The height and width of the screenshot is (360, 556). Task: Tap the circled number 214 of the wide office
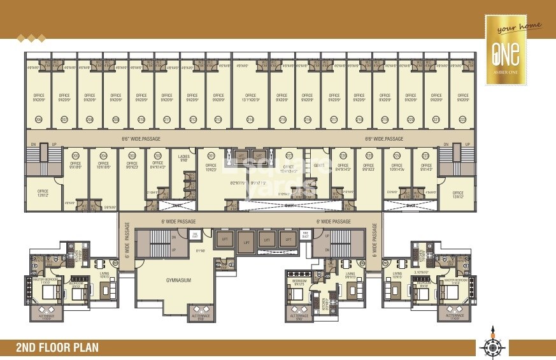click(x=250, y=119)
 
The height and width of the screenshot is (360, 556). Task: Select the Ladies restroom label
click(x=184, y=158)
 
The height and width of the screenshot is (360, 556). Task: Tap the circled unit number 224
click(x=396, y=155)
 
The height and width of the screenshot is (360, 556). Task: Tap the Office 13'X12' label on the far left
click(x=43, y=192)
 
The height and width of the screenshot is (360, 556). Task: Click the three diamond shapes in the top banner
click(x=31, y=38)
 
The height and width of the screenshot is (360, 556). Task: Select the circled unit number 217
click(x=333, y=119)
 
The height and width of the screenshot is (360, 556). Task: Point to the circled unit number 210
click(x=141, y=119)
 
